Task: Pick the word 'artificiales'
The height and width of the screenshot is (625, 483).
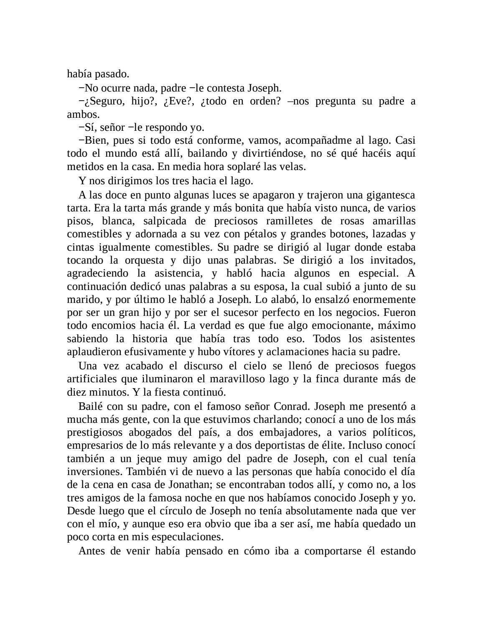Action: [92, 379]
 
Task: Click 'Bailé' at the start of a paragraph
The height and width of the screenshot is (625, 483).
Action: [90, 407]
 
